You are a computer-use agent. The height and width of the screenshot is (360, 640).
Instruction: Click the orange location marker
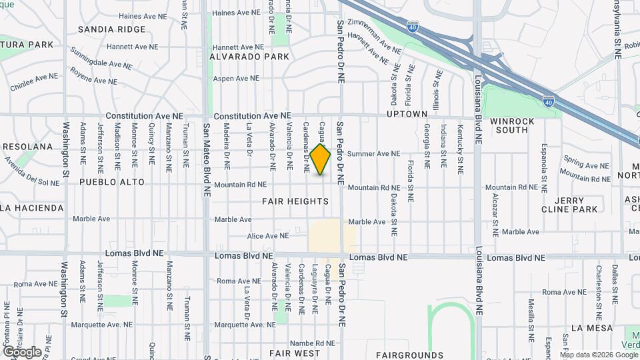click(x=321, y=159)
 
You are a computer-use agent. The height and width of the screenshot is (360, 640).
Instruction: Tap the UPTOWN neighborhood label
click(x=407, y=115)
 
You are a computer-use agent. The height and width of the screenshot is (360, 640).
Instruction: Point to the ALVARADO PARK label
click(x=249, y=57)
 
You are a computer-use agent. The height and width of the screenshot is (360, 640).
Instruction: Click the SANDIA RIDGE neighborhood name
click(x=111, y=29)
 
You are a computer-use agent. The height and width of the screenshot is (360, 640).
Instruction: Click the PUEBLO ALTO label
click(x=111, y=181)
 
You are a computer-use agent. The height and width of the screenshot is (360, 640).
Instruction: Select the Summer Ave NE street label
click(x=373, y=153)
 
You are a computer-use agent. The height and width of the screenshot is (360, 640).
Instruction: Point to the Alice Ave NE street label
click(x=268, y=235)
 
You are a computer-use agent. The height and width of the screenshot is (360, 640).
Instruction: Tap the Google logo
click(x=22, y=351)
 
